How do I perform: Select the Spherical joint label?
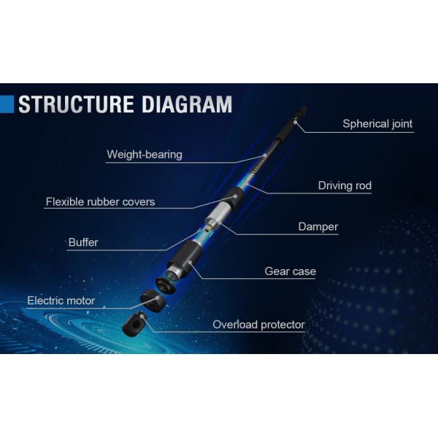tap(377, 124)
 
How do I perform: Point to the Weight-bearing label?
tap(145, 155)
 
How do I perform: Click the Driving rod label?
tap(345, 185)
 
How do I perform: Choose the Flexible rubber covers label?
tap(100, 201)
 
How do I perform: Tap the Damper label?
tap(318, 226)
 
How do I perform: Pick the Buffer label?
tap(83, 242)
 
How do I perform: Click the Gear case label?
tap(290, 272)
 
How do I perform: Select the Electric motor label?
tap(61, 301)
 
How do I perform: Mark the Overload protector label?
tap(258, 325)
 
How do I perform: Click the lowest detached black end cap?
tap(135, 323)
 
